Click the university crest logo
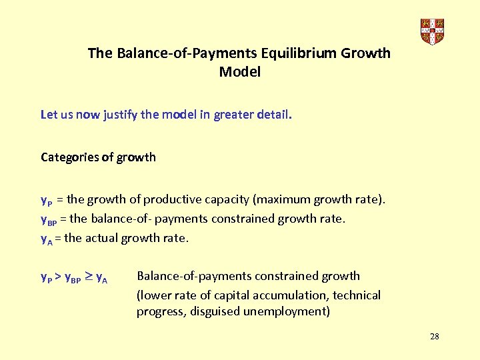click(x=432, y=31)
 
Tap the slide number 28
click(x=434, y=336)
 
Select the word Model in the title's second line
click(x=239, y=71)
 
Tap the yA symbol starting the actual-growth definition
click(x=47, y=238)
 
